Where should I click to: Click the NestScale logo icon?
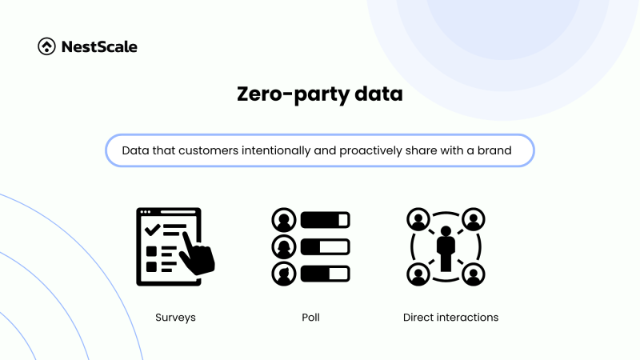47,46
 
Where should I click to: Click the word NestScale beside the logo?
99,46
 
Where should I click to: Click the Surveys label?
175,318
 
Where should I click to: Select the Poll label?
311,318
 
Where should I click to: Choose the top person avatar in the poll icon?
283,219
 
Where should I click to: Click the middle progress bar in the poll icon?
325,246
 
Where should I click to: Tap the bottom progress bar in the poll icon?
325,272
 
